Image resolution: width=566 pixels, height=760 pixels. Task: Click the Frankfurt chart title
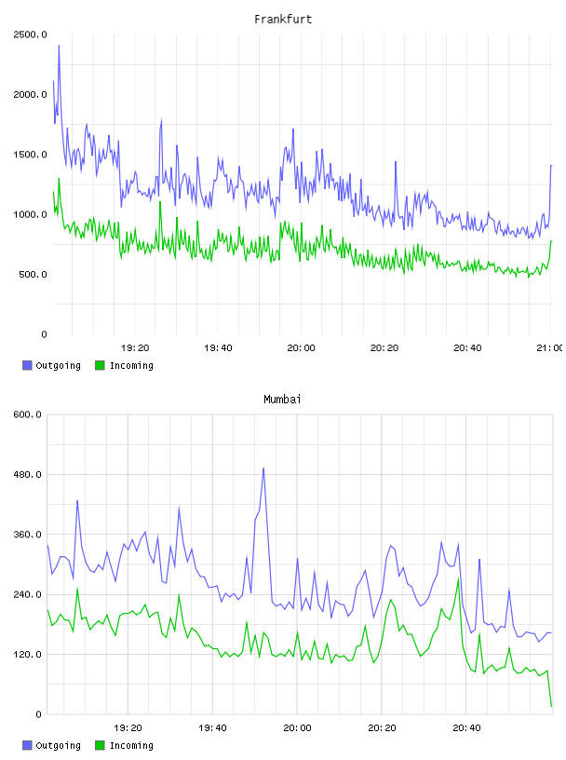(x=283, y=20)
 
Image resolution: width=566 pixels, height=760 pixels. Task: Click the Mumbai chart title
(x=282, y=400)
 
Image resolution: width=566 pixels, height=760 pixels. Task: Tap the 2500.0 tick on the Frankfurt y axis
(x=30, y=34)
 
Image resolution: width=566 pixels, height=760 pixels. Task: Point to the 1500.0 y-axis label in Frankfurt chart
(x=30, y=155)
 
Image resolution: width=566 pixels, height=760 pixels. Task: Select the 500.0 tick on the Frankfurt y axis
(x=33, y=275)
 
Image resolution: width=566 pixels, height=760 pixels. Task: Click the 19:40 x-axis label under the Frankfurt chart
(x=218, y=348)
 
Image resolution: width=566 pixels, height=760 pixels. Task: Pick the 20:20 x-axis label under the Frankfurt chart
(x=384, y=348)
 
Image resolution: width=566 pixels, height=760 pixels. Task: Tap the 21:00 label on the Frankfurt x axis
(x=549, y=348)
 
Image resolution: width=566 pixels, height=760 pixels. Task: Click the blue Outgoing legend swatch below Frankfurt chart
(x=27, y=365)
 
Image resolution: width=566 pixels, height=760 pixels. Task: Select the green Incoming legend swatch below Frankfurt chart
(x=100, y=365)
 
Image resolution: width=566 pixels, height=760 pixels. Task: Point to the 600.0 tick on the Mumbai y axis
(x=28, y=414)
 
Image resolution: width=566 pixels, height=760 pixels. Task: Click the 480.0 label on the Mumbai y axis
(x=28, y=474)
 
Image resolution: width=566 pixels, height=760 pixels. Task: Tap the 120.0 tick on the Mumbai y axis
(x=28, y=655)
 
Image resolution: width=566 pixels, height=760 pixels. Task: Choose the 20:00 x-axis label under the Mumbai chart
(x=297, y=728)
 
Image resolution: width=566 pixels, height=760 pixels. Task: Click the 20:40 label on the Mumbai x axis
(x=466, y=728)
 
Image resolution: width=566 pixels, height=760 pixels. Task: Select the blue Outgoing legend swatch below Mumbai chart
(x=27, y=745)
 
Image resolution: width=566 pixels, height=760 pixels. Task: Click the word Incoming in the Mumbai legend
(x=131, y=746)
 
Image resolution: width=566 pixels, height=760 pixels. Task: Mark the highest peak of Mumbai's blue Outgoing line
(x=263, y=468)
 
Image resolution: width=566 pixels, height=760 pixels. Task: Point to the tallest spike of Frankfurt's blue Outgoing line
(x=60, y=46)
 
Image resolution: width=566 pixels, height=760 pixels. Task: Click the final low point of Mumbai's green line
(x=551, y=706)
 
